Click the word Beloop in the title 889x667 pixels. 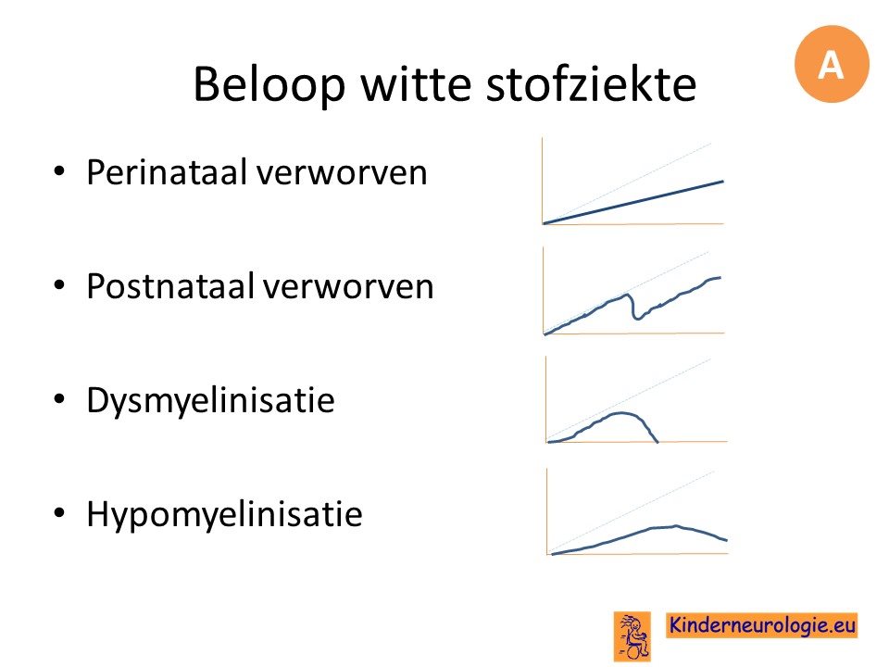click(269, 84)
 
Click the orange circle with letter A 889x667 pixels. click(832, 64)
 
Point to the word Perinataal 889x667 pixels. click(168, 172)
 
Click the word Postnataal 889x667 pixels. click(170, 286)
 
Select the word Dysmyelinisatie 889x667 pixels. click(210, 401)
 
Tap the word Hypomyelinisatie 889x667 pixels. click(224, 515)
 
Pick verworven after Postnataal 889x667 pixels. click(349, 287)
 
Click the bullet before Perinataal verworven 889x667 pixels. click(59, 172)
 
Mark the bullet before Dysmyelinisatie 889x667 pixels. click(59, 400)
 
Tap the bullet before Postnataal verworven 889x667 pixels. click(59, 286)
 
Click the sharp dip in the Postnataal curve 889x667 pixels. click(638, 318)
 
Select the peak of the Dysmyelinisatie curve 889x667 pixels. click(622, 413)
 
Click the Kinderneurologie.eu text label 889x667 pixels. click(761, 625)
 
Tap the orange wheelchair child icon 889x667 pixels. click(632, 636)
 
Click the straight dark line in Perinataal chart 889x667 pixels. click(633, 203)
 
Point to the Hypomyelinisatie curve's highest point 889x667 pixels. click(676, 526)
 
